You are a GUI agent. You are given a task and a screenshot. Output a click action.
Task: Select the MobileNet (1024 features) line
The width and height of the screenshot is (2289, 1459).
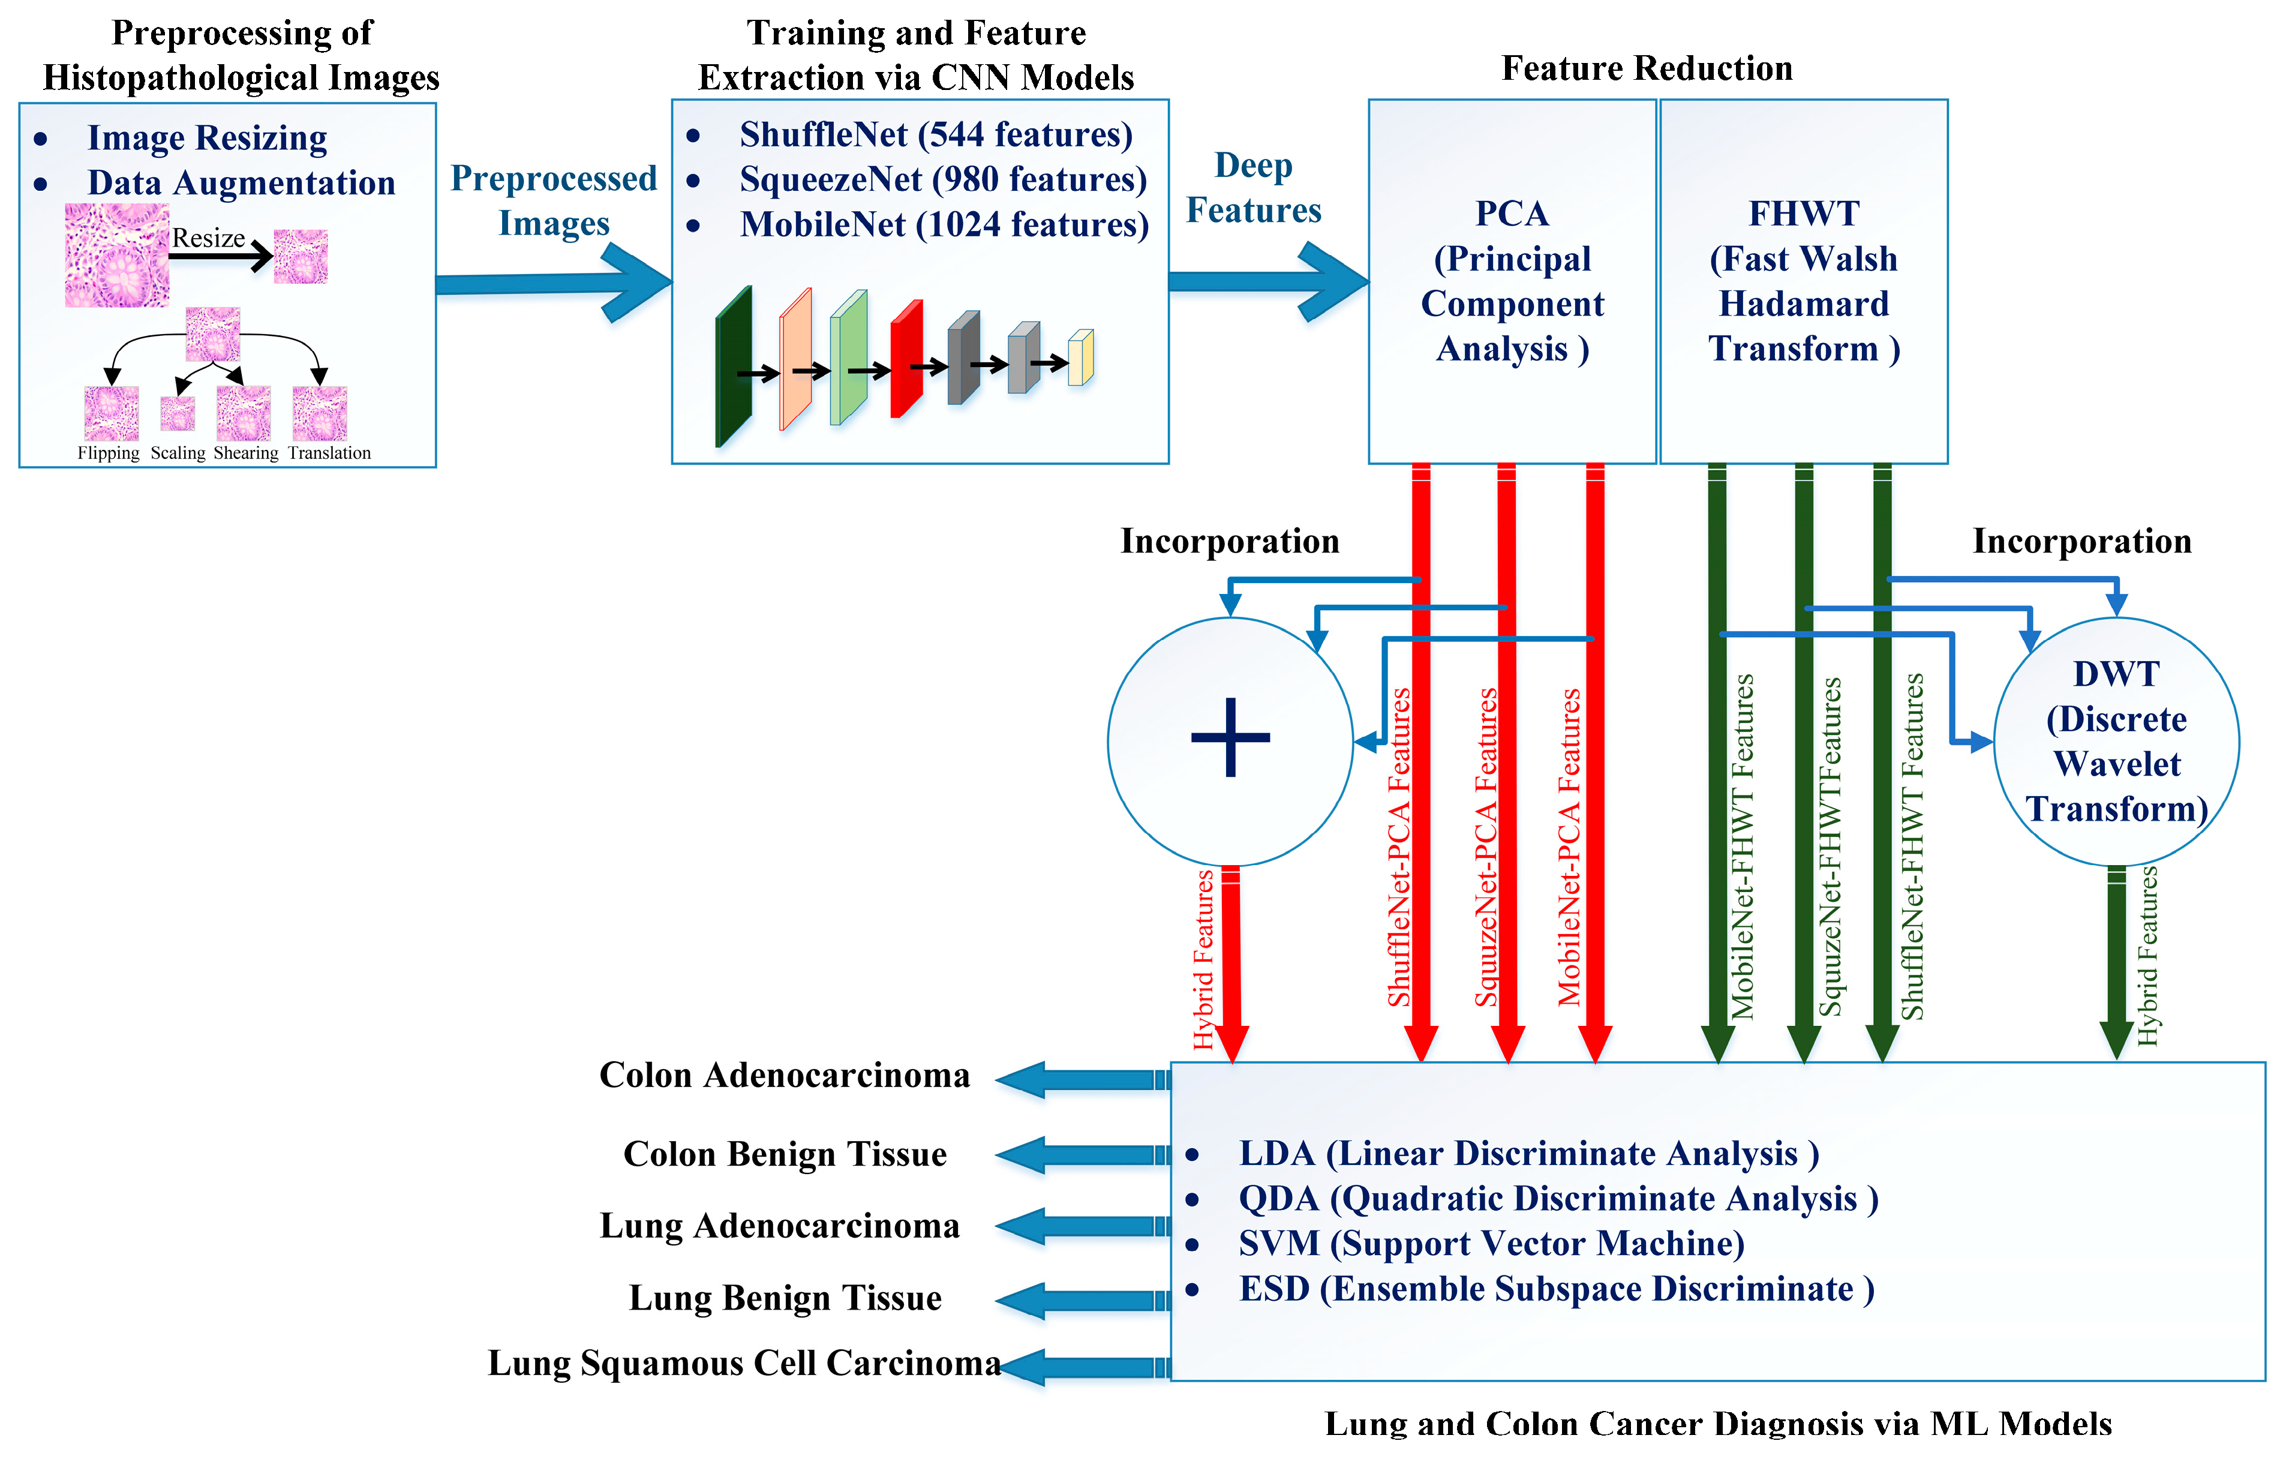tap(944, 225)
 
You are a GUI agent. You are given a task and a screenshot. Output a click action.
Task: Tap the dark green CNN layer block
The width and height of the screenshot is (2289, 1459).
tap(733, 367)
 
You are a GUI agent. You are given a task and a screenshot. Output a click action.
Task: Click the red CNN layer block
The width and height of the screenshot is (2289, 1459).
tap(906, 359)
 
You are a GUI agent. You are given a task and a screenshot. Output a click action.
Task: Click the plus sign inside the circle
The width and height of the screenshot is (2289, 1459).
tap(1230, 737)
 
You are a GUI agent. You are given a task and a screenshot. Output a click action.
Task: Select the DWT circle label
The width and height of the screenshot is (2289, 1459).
tap(2116, 741)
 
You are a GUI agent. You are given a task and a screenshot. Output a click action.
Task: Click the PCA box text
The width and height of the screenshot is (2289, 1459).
tap(1512, 281)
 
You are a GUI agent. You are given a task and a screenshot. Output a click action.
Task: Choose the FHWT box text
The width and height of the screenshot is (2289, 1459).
tap(1803, 281)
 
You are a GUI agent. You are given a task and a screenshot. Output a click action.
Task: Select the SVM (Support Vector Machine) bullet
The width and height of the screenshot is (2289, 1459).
tap(1491, 1244)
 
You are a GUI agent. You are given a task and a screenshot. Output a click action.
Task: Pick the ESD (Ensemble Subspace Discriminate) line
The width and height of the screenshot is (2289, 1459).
tap(1556, 1290)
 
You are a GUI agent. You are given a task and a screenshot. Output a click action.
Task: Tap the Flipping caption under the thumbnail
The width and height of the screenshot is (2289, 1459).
tap(109, 454)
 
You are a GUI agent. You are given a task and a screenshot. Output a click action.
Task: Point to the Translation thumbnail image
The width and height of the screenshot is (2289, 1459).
tap(319, 413)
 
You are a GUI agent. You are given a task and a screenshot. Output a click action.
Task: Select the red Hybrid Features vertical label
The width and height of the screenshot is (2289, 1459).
tap(1203, 960)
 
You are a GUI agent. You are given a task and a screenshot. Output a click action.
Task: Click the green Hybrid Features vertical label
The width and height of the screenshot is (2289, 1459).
tap(2147, 955)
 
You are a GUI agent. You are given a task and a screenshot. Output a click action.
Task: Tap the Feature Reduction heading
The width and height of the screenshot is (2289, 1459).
tap(1647, 68)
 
